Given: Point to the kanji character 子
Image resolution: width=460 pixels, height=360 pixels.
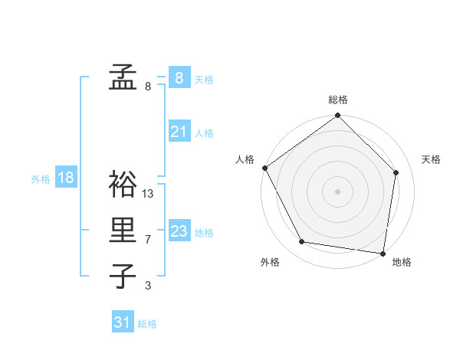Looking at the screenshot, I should (x=123, y=277).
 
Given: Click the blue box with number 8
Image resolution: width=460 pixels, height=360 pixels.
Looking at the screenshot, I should (x=179, y=77).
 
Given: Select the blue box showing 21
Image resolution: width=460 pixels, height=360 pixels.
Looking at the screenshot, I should (x=179, y=133).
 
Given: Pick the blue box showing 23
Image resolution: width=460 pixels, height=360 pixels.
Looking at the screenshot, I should (x=179, y=231).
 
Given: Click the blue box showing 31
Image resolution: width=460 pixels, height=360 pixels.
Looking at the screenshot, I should (x=123, y=322).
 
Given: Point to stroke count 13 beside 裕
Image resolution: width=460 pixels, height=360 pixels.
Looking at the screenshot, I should (x=148, y=194).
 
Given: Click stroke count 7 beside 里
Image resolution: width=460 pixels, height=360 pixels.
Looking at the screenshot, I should (x=148, y=240).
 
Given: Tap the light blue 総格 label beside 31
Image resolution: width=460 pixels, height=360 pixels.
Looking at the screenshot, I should (x=147, y=324).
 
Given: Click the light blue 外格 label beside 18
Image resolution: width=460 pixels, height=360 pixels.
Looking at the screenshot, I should (x=41, y=179).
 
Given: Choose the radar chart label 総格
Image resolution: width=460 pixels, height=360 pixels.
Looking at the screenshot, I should (x=338, y=100).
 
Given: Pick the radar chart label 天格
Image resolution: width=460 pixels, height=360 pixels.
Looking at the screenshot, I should (x=432, y=159).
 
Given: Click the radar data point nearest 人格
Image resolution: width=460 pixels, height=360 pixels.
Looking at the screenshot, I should (x=265, y=168).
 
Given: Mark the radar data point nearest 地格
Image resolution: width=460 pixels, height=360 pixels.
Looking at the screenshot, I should (x=382, y=252).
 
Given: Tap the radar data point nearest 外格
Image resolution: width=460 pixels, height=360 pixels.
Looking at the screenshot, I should (x=302, y=242).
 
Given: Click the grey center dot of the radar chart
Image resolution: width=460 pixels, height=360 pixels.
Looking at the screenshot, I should (x=338, y=191).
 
